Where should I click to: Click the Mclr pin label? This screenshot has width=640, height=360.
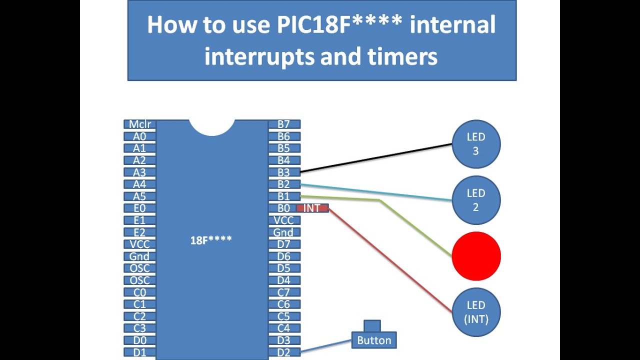[140, 124]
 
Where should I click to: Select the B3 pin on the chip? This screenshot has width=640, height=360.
[284, 172]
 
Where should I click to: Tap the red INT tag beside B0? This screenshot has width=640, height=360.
[312, 208]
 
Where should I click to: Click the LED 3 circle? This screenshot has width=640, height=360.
[476, 144]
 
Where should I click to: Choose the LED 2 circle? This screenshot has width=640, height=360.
[476, 200]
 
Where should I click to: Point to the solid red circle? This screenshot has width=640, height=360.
[476, 256]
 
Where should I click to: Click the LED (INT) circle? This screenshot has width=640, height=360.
[476, 312]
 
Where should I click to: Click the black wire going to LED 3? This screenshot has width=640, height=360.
[375, 158]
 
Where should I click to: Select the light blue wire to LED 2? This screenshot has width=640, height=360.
[375, 192]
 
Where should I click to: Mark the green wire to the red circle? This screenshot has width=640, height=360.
[415, 228]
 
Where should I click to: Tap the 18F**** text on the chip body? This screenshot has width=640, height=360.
[211, 240]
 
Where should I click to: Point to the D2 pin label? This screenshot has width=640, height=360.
[284, 352]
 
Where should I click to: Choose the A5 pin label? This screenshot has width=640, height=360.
[140, 196]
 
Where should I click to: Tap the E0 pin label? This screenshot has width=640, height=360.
[140, 208]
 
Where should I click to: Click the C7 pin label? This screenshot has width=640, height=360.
[284, 292]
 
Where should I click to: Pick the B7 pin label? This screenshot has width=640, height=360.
[284, 124]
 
